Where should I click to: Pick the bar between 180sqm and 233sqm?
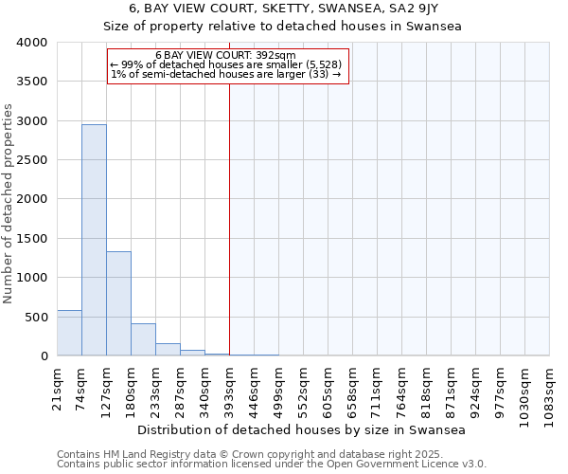coord(143,339)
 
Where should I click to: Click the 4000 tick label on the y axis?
coord(31,43)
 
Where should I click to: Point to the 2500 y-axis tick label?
coord(31,160)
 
